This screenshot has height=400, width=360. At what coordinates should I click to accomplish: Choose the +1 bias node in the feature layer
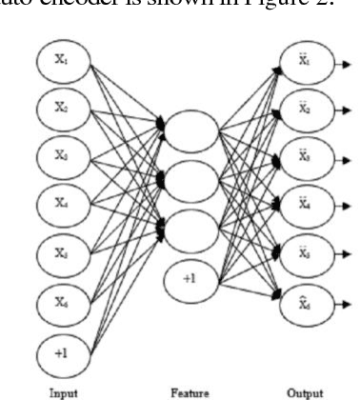[191, 281]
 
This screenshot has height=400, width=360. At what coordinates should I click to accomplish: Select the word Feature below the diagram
[190, 390]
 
